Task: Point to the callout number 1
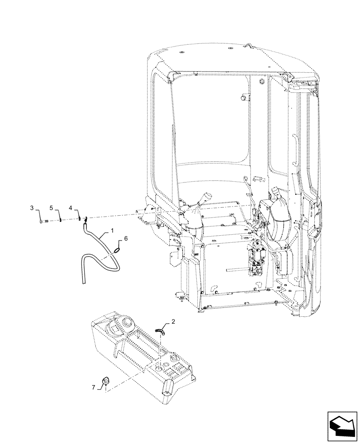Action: (x=112, y=231)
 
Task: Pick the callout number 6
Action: (x=126, y=238)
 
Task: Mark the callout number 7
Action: (x=94, y=388)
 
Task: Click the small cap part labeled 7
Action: (x=106, y=380)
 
